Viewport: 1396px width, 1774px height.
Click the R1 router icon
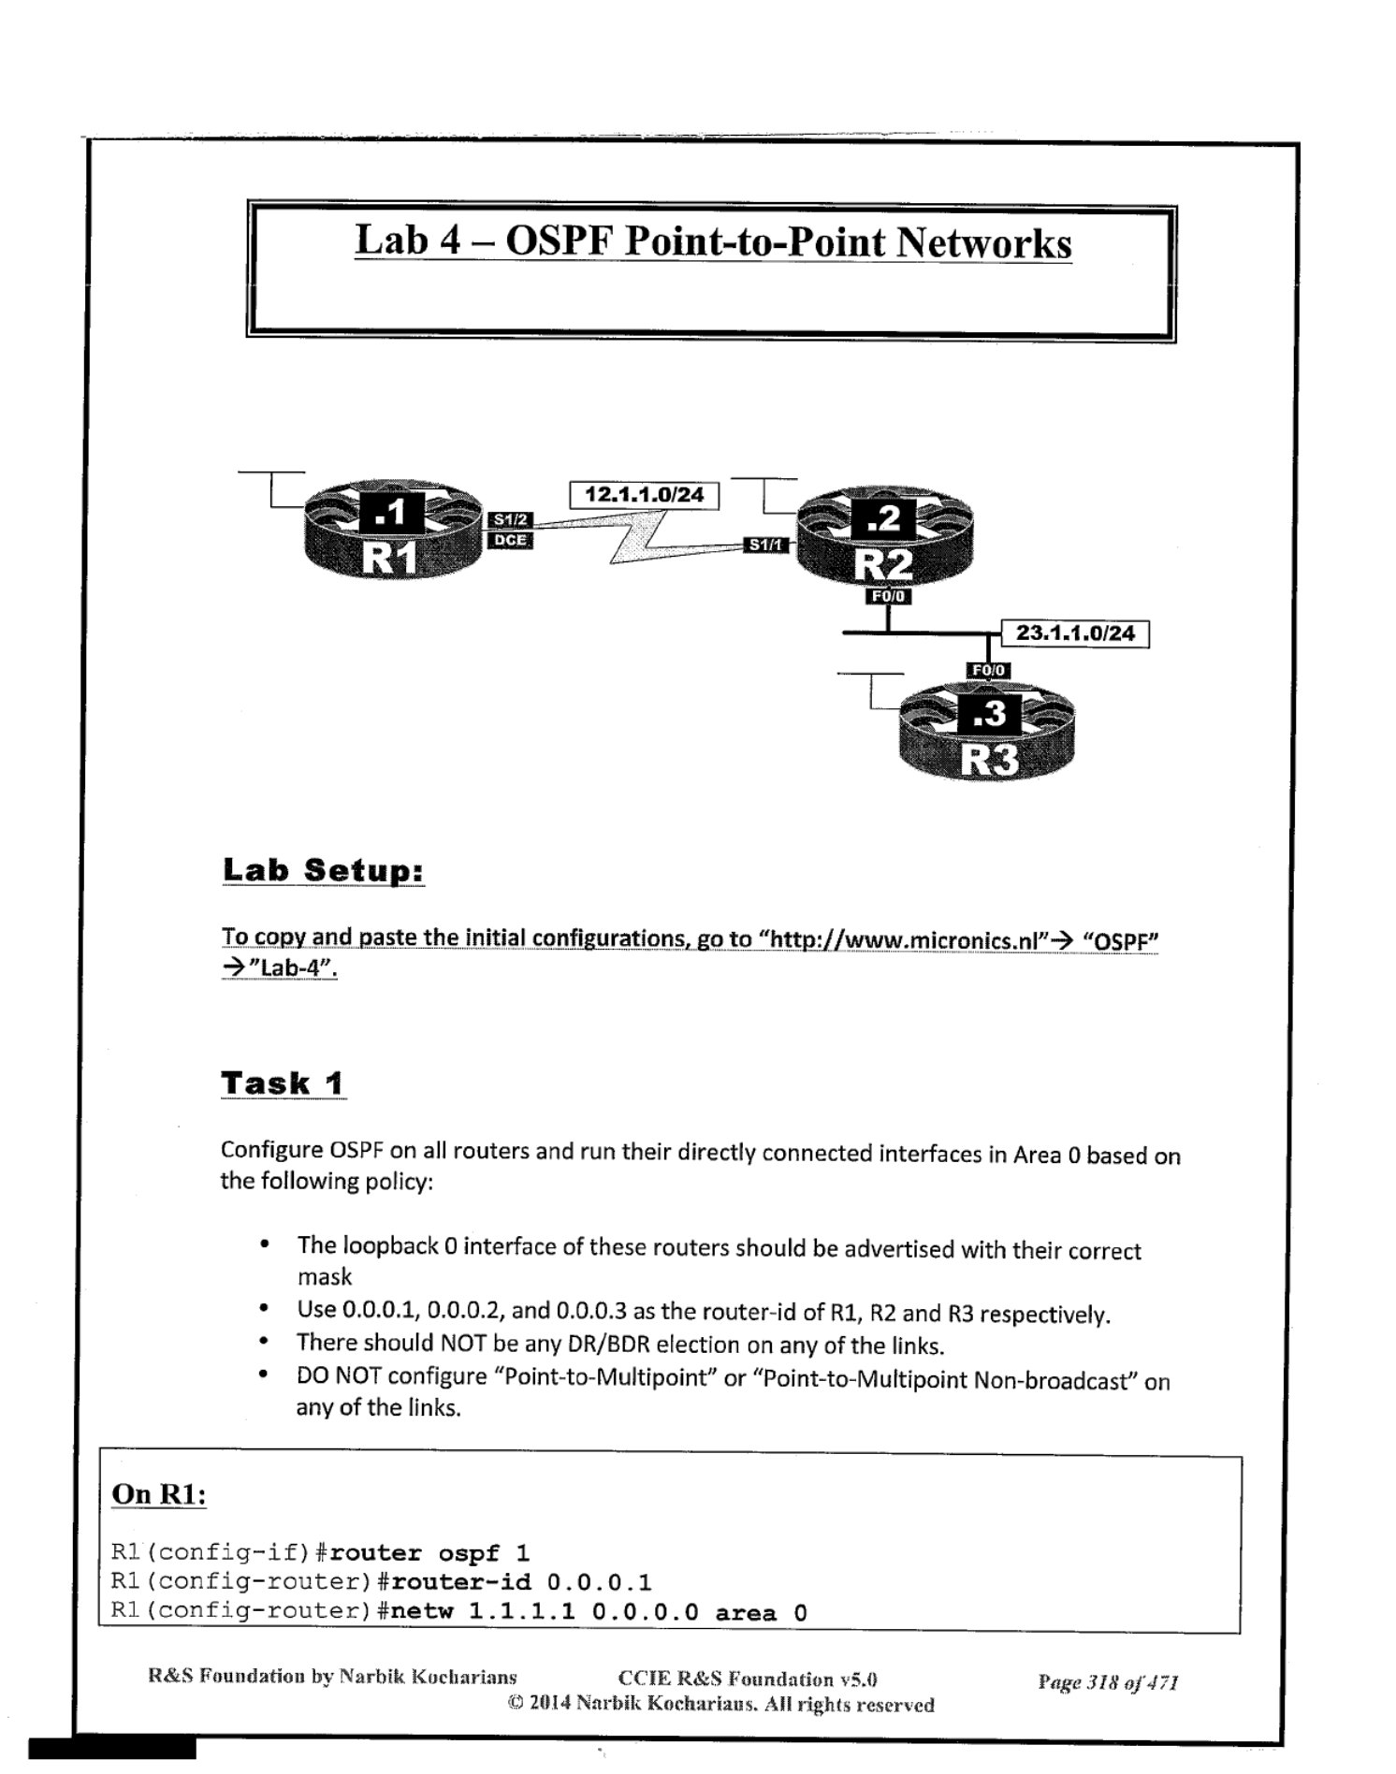tap(393, 529)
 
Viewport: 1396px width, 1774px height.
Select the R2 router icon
tap(884, 536)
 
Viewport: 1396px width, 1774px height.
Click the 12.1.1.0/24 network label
tap(644, 495)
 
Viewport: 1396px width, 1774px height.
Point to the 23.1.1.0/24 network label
tap(1075, 633)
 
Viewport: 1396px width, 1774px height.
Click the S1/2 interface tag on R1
tap(511, 519)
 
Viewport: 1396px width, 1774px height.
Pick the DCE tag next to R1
tap(511, 540)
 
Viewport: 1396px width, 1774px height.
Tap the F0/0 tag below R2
tap(888, 596)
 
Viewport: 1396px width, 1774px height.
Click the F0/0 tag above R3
tap(988, 670)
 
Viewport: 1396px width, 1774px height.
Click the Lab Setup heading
tap(324, 870)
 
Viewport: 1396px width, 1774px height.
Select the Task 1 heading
tap(284, 1083)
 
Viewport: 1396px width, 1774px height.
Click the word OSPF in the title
tap(560, 241)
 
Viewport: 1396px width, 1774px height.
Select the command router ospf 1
tap(429, 1553)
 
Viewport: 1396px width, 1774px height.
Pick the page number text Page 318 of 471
tap(1108, 1682)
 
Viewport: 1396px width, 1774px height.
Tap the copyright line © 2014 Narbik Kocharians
tap(720, 1705)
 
